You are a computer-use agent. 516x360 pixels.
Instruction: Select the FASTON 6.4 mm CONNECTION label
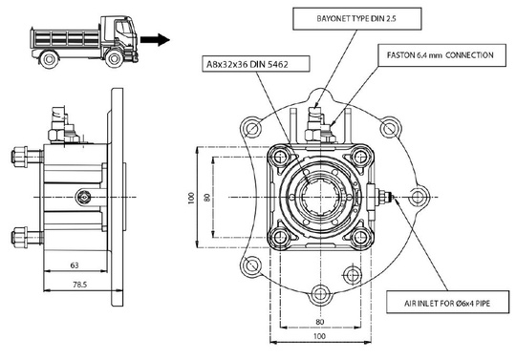436,55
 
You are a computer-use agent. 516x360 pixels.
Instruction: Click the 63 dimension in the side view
74,265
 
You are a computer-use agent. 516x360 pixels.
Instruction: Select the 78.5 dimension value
78,285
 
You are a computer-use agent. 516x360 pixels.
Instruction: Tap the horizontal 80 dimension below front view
319,322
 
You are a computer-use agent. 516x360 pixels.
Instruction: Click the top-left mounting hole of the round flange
251,127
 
